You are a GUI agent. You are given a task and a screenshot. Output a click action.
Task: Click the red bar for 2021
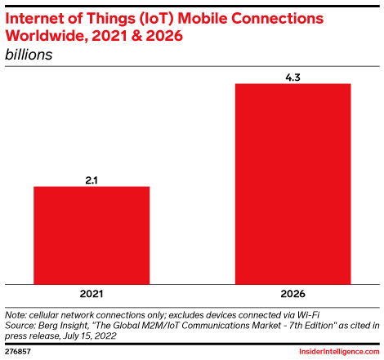[x=91, y=235]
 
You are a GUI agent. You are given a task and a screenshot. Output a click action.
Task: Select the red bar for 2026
[x=292, y=184]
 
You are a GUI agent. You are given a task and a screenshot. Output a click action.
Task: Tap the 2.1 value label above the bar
[x=92, y=180]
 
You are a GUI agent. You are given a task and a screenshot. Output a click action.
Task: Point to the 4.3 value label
[x=292, y=76]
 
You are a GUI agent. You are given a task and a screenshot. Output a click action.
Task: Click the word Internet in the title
[x=37, y=18]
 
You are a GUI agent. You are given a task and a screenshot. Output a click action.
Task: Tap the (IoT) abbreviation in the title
[x=167, y=18]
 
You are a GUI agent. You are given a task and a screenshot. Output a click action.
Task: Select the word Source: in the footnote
[x=20, y=325]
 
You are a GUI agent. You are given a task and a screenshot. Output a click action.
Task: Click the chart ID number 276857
[x=19, y=351]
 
